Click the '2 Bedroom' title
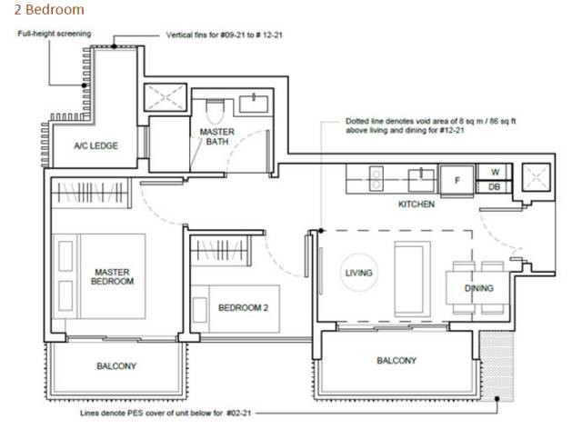[49, 10]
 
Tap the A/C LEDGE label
[95, 145]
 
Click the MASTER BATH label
[217, 136]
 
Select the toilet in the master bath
[215, 111]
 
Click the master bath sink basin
[254, 105]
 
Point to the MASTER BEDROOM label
[112, 277]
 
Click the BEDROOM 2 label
[243, 307]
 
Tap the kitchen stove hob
[376, 179]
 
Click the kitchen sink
[421, 180]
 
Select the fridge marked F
[457, 180]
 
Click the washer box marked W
[495, 172]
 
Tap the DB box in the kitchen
[494, 187]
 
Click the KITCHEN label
[416, 205]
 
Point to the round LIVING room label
[358, 274]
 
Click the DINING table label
[479, 288]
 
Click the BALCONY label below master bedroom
[116, 366]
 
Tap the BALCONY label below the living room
[396, 360]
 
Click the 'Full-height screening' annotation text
[55, 34]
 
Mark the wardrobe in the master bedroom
[91, 193]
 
